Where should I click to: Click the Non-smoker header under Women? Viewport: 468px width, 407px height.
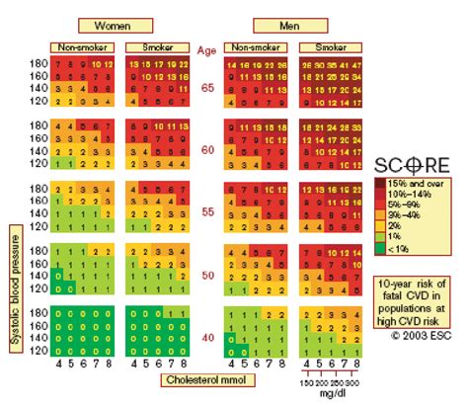point(83,46)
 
